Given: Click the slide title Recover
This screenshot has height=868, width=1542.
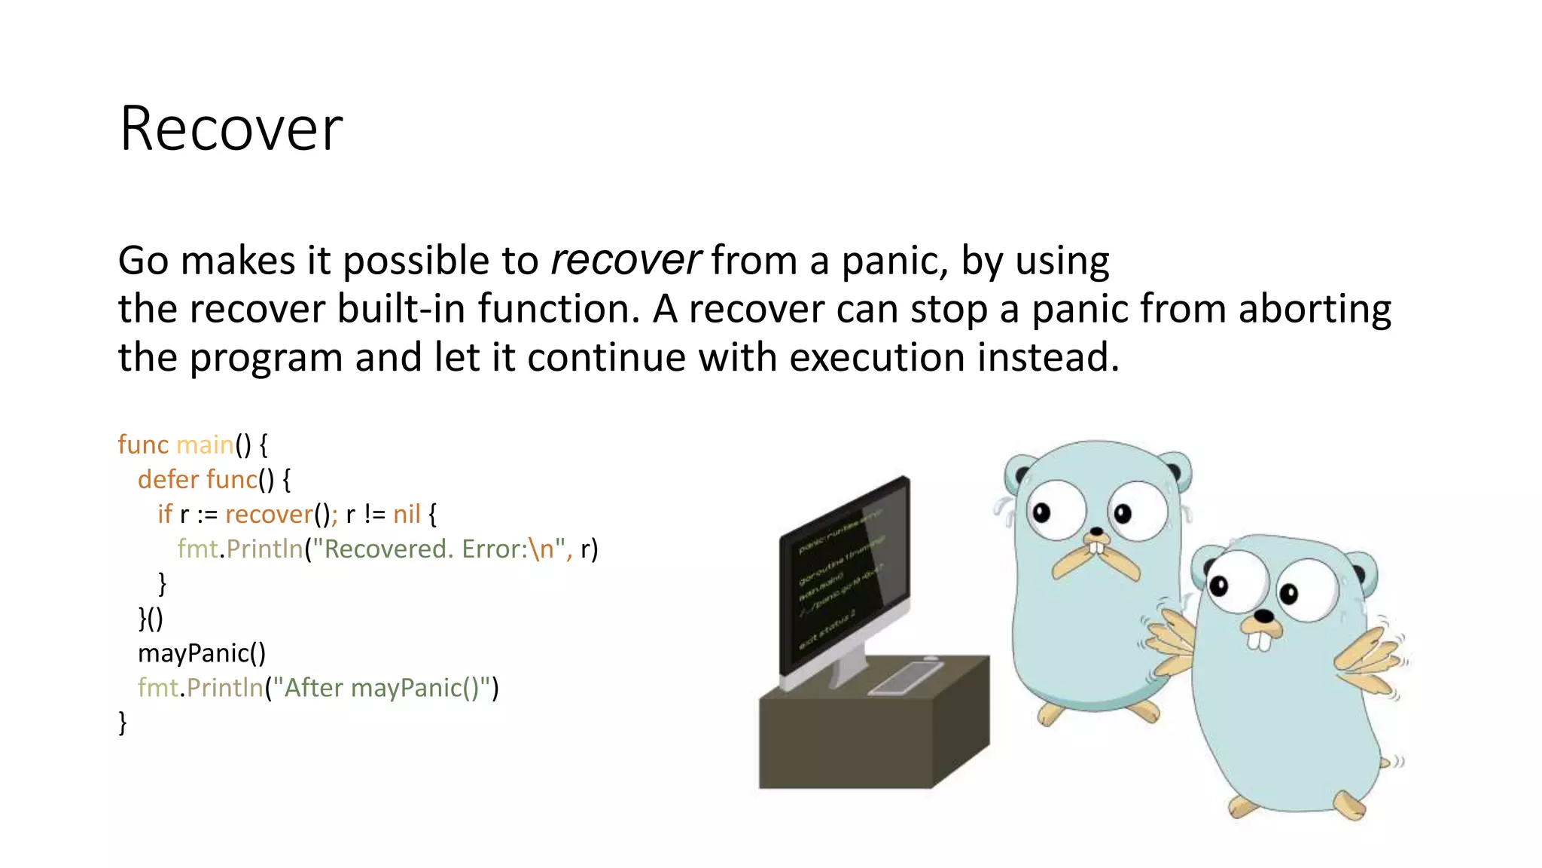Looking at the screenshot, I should pos(230,129).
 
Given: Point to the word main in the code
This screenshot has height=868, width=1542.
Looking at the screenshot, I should pos(204,445).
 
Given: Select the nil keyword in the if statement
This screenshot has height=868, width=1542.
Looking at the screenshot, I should pos(407,515).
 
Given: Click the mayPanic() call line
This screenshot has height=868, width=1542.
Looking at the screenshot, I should pos(201,653).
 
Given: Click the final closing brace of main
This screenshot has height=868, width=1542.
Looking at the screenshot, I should pos(123,723).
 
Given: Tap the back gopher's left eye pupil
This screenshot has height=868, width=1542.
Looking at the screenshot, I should pos(1041,513).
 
